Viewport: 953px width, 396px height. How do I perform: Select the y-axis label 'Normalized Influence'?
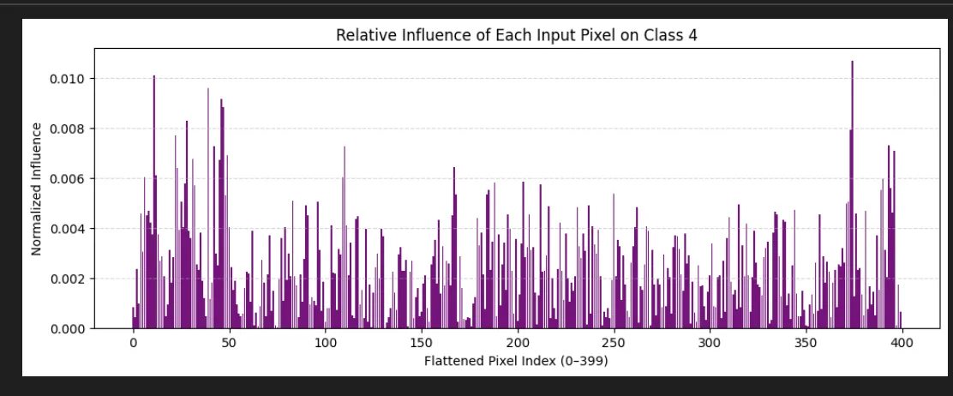coord(37,189)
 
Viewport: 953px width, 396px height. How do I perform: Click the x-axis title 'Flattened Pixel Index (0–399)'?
coord(516,361)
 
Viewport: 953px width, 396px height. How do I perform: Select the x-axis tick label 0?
coord(133,344)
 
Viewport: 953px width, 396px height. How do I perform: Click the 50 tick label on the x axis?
coord(229,344)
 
